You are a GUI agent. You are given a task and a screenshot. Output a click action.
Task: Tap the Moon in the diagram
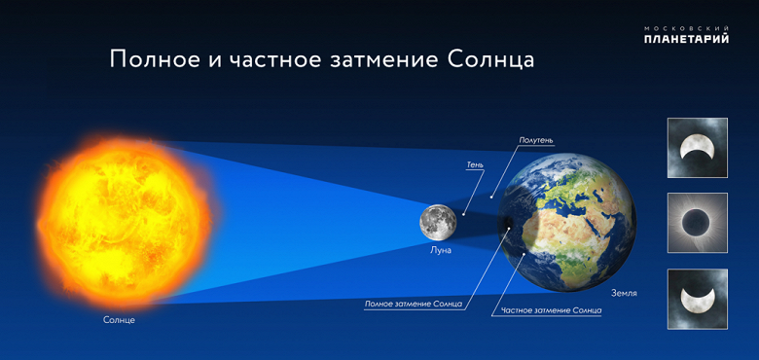coord(439,223)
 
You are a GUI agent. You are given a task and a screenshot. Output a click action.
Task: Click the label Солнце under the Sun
coord(119,320)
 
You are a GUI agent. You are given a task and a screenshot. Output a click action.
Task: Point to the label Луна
coord(441,250)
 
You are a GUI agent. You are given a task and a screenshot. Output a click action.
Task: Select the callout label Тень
coord(475,164)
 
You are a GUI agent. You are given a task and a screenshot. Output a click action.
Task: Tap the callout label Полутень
coord(535,140)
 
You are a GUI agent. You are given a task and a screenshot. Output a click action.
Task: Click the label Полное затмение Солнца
coord(413,304)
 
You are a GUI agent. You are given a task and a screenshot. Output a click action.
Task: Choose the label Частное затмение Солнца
coord(551,310)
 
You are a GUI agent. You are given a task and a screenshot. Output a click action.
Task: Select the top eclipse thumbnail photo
coord(697,148)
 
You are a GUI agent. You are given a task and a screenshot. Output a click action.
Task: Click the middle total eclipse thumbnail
coord(697,223)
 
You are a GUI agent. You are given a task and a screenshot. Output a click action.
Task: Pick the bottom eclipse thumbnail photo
coord(697,299)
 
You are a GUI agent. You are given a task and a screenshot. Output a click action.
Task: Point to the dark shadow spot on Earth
coord(507,230)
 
